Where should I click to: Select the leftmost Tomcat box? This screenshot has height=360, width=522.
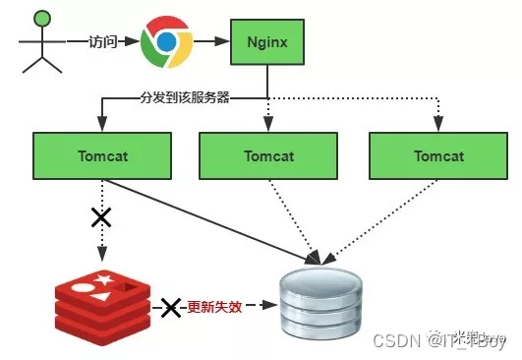103,155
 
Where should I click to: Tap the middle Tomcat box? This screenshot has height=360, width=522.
268,155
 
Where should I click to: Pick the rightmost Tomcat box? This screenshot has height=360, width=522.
437,155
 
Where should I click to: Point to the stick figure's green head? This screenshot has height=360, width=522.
41,17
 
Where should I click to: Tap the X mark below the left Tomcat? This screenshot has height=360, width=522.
100,217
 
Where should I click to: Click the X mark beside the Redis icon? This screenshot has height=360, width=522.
171,308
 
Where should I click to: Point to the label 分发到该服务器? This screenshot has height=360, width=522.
187,97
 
